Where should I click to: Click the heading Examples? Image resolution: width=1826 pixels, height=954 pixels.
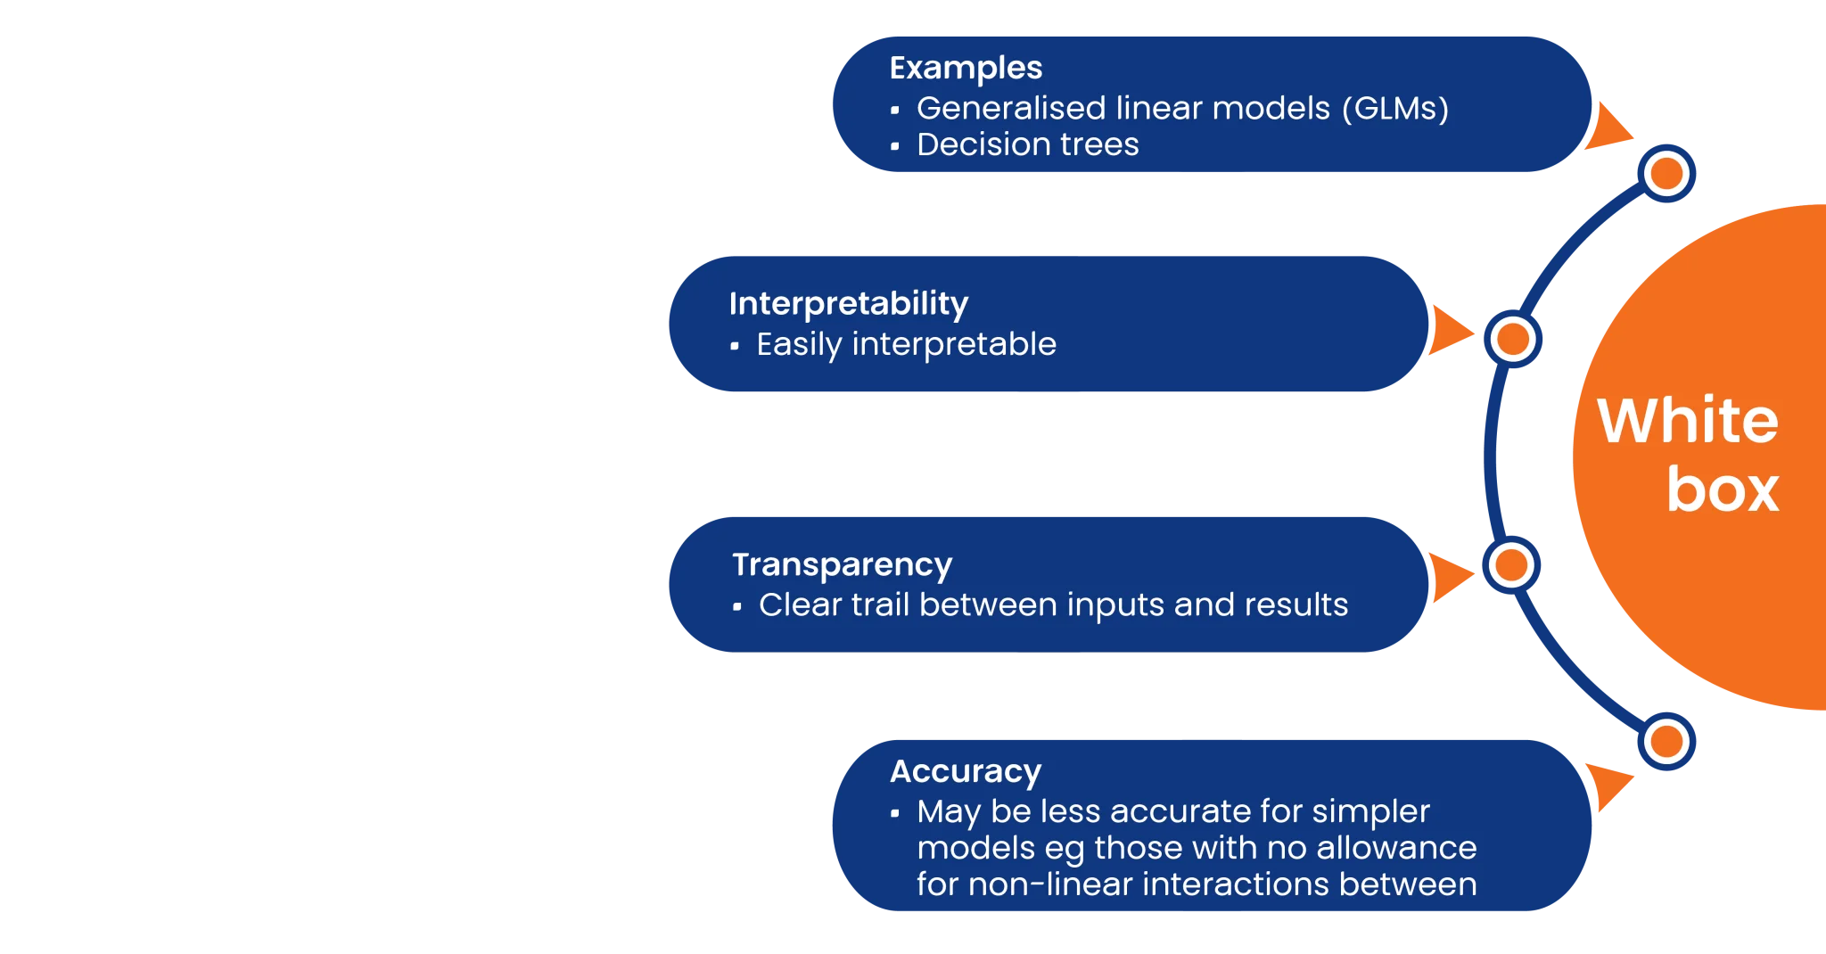966,69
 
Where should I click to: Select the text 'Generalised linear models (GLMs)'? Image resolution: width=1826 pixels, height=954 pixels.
1182,108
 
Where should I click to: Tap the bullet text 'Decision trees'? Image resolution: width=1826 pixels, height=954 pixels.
1028,144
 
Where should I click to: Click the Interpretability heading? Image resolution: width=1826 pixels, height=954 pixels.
849,304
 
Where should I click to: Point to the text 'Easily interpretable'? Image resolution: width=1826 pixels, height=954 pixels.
906,344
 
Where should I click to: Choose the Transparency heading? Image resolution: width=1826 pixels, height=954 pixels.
842,565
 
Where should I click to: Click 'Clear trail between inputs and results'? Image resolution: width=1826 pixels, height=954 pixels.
1053,604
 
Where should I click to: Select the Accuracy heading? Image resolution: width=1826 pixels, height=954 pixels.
966,771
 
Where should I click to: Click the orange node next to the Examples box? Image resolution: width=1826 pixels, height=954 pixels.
1666,173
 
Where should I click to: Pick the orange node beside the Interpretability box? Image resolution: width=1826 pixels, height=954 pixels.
1513,339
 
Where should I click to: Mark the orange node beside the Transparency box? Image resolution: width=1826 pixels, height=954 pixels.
1511,564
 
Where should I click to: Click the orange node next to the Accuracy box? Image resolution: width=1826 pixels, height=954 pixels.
1666,741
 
